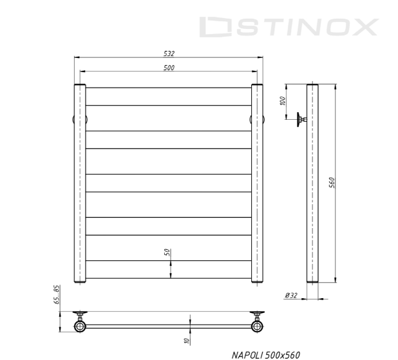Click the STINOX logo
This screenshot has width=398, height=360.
[289, 27]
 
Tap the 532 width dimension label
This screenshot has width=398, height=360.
[169, 53]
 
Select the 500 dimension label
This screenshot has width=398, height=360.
[169, 68]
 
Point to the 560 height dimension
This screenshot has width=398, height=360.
[332, 183]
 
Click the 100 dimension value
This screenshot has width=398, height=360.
[283, 101]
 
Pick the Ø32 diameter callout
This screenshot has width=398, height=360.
[291, 296]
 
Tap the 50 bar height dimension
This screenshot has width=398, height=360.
[167, 252]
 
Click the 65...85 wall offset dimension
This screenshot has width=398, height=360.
[57, 294]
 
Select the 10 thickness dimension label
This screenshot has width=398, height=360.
[187, 341]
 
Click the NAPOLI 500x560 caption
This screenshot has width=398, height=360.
[266, 355]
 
